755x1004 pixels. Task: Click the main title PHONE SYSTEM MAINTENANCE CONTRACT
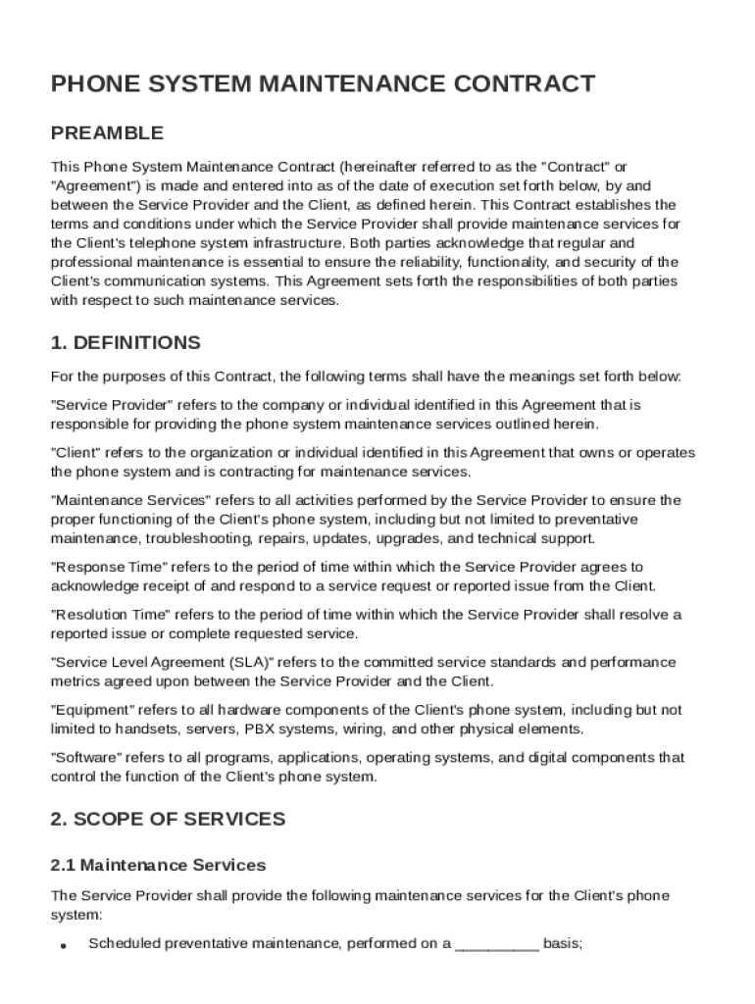tap(323, 84)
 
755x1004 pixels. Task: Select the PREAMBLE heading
tap(107, 133)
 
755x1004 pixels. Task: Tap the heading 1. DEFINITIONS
tap(126, 343)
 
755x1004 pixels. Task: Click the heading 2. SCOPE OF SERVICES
tap(168, 819)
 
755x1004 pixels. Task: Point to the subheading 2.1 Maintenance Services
tap(158, 866)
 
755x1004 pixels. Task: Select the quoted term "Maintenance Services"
tap(129, 501)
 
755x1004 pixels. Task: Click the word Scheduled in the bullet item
tap(121, 945)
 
